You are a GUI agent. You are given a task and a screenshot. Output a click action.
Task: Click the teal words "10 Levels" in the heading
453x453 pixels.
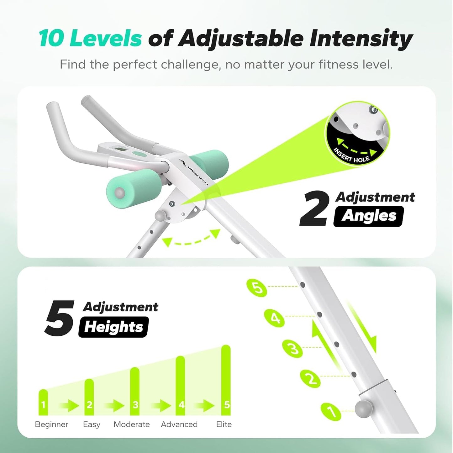[x=90, y=38]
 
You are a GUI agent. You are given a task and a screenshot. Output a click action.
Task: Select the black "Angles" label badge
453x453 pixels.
[x=369, y=216]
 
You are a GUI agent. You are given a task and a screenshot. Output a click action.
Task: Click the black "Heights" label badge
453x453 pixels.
[x=113, y=327]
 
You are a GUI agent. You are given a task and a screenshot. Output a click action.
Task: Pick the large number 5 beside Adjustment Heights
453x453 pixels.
[x=60, y=318]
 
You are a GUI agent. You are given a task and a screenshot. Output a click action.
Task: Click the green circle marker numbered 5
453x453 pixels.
[x=257, y=287]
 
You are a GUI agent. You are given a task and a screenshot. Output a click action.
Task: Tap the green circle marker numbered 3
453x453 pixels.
[x=292, y=348]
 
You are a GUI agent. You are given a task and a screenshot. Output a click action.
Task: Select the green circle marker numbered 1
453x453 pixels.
[x=331, y=411]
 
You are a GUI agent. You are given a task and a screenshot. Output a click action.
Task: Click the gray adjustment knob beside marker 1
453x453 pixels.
[x=364, y=409]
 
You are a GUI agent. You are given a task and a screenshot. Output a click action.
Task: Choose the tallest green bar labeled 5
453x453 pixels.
[x=226, y=380]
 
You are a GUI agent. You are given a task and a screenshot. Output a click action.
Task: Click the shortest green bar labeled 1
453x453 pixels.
[x=43, y=403]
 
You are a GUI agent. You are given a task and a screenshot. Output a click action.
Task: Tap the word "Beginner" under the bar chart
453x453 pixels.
[x=51, y=424]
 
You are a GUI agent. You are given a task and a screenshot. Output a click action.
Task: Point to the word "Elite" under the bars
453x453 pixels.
[x=224, y=424]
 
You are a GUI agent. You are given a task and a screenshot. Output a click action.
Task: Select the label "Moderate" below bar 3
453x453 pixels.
[x=132, y=424]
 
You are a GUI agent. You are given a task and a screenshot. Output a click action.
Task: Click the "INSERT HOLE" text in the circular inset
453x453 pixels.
[x=351, y=156]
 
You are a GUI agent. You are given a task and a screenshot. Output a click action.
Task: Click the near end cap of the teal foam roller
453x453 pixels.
[x=119, y=192]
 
